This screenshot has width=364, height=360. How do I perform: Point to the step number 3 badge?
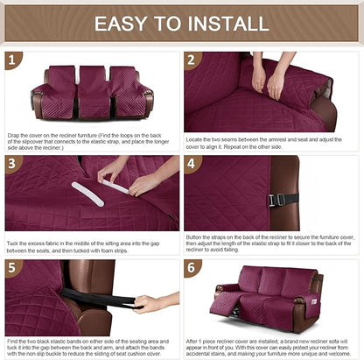pos(13,164)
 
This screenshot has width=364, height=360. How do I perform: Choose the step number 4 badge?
pos(193,164)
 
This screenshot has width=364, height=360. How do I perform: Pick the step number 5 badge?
pos(13,267)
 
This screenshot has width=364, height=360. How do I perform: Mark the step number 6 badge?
pos(193,267)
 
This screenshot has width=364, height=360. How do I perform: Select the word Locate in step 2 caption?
pos(197,139)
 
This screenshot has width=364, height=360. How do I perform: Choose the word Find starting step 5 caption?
pos(13,339)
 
